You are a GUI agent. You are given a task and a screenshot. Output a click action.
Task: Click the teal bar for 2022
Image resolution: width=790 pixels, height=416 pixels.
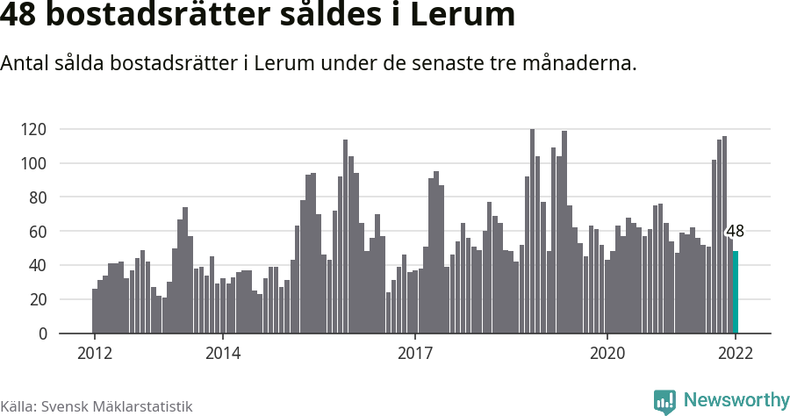coord(736,292)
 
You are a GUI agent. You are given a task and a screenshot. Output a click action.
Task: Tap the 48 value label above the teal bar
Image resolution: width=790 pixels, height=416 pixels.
coord(736,232)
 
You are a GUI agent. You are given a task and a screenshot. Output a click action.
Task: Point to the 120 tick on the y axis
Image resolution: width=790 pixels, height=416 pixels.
coord(58,130)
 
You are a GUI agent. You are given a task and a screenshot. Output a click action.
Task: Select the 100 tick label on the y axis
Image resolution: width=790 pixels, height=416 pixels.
coord(58,164)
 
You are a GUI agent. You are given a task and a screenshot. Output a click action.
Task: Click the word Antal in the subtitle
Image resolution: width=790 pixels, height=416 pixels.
coord(25,64)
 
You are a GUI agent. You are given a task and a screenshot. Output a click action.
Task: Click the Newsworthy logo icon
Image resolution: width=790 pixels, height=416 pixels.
coord(664,401)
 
